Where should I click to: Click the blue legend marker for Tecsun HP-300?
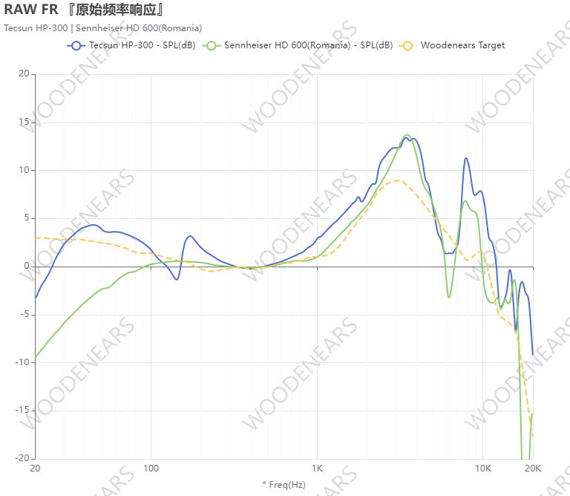[x=76, y=45]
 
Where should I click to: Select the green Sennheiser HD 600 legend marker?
[x=212, y=45]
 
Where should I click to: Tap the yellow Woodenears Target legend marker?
[x=406, y=45]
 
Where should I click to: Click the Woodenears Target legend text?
[x=462, y=45]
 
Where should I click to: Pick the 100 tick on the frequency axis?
[x=151, y=469]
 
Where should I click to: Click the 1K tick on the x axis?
[x=317, y=469]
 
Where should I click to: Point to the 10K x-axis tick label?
[x=483, y=469]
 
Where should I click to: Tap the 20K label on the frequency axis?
[x=532, y=469]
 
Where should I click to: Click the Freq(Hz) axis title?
[x=284, y=485]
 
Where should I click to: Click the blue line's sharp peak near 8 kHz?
[x=466, y=157]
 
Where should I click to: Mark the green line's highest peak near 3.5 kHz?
[x=407, y=134]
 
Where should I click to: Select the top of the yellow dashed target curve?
[x=398, y=180]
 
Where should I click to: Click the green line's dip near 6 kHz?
[x=449, y=298]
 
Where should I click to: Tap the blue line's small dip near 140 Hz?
[x=177, y=279]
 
